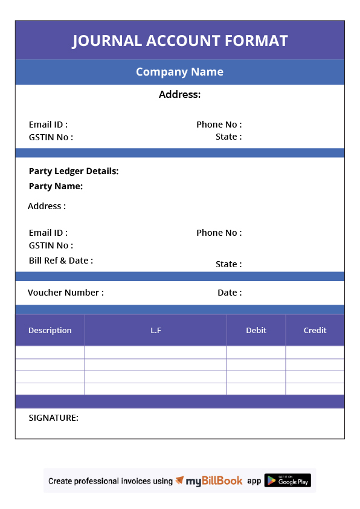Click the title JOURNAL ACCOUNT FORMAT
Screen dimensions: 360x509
180,41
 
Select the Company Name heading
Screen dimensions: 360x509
179,72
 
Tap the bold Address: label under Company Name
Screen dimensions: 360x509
179,94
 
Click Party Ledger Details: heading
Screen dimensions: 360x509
74,171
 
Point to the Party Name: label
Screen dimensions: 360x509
56,186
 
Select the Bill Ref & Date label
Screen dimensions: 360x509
60,261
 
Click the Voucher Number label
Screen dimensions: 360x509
65,293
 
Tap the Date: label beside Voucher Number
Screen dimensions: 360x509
230,293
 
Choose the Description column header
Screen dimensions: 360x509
50,330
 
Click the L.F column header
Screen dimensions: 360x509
155,330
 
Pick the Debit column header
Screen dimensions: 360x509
256,330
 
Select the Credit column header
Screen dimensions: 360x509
315,330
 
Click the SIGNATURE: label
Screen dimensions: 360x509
53,418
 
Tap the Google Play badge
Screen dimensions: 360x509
288,481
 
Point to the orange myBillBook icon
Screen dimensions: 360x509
179,481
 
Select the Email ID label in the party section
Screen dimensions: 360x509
48,233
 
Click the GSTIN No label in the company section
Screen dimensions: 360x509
51,137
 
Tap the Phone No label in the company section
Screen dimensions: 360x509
219,125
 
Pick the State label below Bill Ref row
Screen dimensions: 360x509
228,264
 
